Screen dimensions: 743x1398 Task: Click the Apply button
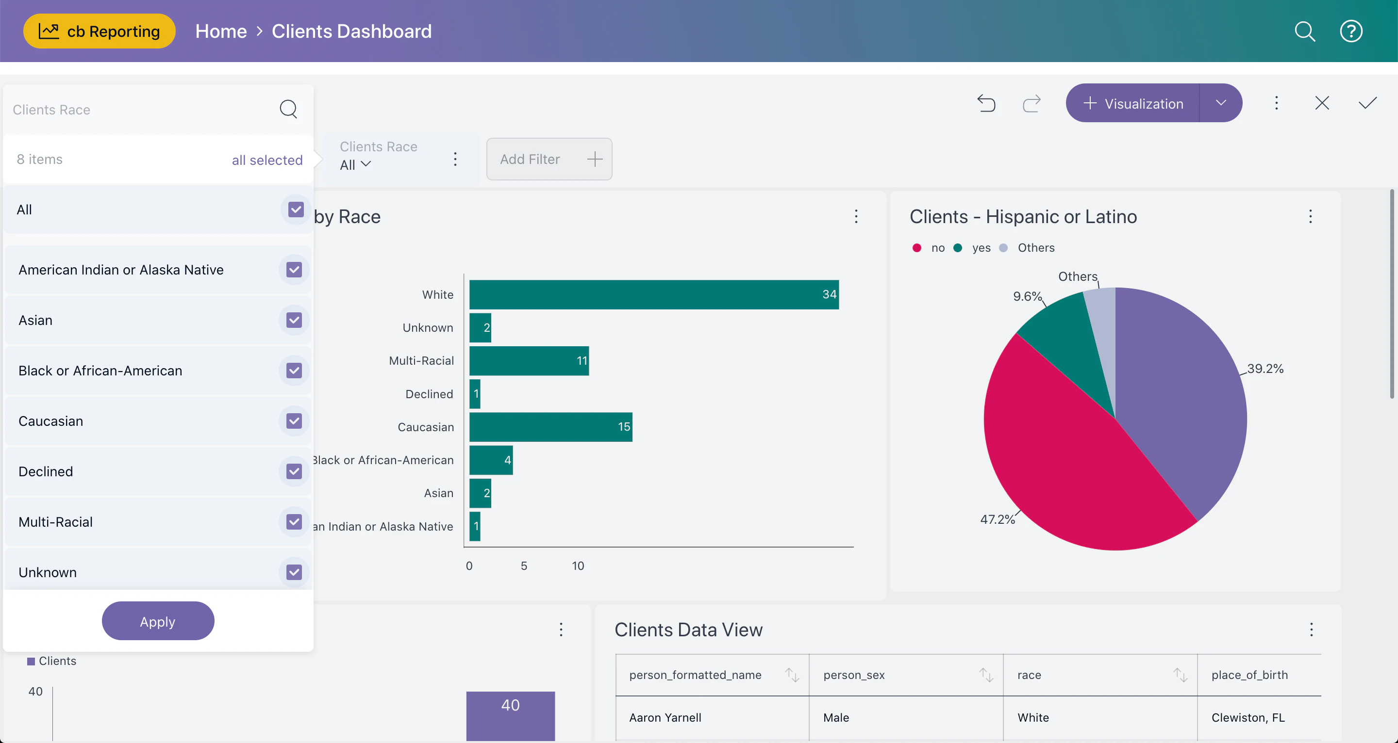[x=158, y=621]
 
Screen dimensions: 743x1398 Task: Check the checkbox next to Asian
[x=294, y=320]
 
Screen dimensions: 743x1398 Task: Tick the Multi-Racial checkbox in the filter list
[x=294, y=522]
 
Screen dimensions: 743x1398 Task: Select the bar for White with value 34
[x=653, y=294]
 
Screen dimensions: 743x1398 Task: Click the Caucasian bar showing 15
[x=550, y=427]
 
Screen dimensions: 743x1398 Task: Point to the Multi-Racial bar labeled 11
[x=529, y=361]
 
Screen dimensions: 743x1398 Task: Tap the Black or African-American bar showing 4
[x=491, y=460]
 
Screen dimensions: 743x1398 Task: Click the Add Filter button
[x=549, y=159]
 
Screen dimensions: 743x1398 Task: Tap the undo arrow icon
[x=986, y=103]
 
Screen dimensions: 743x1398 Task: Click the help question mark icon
[x=1350, y=32]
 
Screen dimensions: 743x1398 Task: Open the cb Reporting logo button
[x=100, y=32]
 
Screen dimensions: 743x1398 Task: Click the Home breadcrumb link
[x=221, y=32]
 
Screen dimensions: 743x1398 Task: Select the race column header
[x=1029, y=675]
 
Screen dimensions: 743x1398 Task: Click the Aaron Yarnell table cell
[x=665, y=717]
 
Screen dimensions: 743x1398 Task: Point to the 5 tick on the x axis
[x=524, y=565]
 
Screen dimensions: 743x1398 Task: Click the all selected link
[x=267, y=160]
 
